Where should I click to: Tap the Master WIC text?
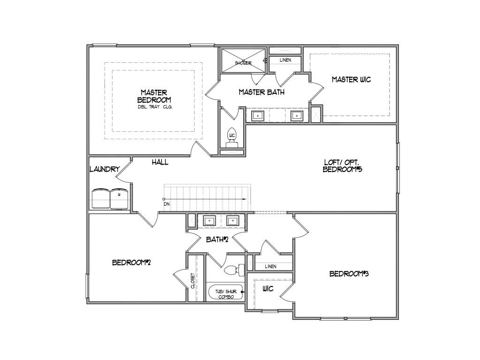coord(351,79)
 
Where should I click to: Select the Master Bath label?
coord(261,92)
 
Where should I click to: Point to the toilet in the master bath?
coord(232,137)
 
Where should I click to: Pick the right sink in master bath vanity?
coord(296,115)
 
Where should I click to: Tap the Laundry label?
coord(104,169)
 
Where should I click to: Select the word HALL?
coord(160,162)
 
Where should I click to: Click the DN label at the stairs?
coord(166,204)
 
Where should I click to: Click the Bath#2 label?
coord(217,240)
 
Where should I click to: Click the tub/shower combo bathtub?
coord(226,292)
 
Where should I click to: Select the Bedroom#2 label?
coord(131,262)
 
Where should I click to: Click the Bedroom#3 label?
coord(349,274)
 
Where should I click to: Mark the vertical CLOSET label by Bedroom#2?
coord(192,280)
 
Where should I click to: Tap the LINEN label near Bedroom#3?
coord(270,266)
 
